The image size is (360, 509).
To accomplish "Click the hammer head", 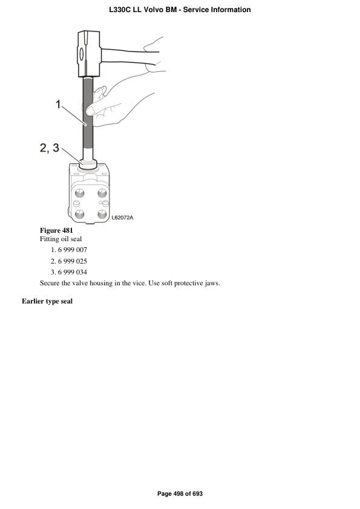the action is [x=89, y=54].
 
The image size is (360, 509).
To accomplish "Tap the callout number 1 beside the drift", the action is [x=58, y=105].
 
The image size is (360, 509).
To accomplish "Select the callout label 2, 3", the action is [x=50, y=148].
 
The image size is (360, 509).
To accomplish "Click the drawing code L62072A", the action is [x=122, y=218].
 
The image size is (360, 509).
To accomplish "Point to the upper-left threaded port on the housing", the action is [x=80, y=193].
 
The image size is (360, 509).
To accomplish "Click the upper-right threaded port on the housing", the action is [x=102, y=193].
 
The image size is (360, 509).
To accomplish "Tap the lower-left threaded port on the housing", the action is [x=80, y=214].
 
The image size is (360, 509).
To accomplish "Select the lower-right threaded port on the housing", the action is [x=102, y=214].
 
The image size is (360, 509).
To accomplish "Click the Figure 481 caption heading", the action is [x=56, y=230].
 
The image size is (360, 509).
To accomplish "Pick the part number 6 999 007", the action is [x=73, y=250].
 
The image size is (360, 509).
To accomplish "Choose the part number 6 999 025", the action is [x=73, y=261].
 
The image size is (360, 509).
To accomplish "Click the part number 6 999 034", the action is [x=73, y=272].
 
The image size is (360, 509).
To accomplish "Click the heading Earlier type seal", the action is [x=47, y=301].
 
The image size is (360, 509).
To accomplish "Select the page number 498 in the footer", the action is [x=178, y=494].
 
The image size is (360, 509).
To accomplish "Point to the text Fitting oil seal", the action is [x=61, y=239].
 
